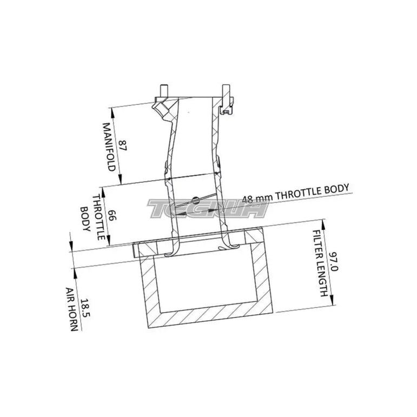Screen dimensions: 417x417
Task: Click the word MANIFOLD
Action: pos(109,147)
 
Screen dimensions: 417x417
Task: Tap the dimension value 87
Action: pos(123,145)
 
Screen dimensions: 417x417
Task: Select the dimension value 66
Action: pos(112,215)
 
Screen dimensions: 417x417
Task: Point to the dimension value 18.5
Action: pos(86,308)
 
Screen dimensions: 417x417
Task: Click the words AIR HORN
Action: pos(72,309)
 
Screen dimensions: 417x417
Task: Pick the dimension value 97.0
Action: pos(334,261)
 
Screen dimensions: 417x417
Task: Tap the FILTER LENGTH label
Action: pos(319,263)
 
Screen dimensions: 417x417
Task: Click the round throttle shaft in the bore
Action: pos(195,200)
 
